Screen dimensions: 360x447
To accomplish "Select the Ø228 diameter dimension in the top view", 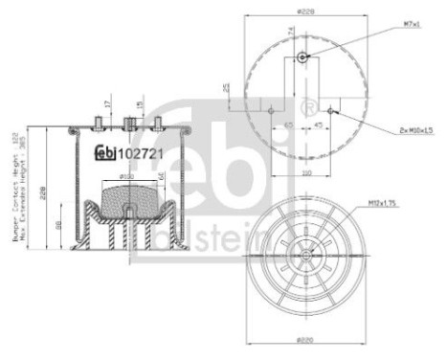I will click(x=306, y=11).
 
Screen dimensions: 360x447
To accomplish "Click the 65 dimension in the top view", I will click(x=288, y=124).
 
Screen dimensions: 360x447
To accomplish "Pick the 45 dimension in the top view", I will click(x=317, y=124).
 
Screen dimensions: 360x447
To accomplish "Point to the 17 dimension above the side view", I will click(x=108, y=102).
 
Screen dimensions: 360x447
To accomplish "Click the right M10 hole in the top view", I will click(x=330, y=110).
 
